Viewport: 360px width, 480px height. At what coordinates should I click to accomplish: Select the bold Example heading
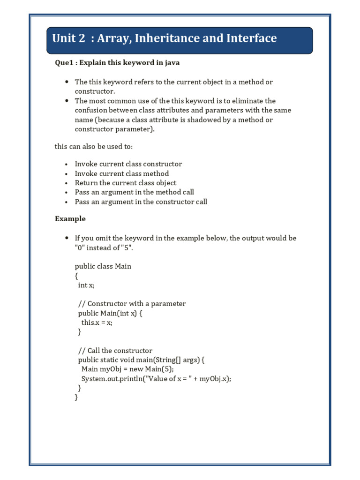pos(70,219)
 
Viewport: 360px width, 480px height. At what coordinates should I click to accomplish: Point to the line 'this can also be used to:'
pos(94,147)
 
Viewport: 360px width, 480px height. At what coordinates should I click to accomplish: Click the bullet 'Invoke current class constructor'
pos(128,164)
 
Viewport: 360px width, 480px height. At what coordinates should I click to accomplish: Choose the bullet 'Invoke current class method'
pos(122,173)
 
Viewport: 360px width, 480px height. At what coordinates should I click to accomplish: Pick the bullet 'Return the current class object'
pos(126,183)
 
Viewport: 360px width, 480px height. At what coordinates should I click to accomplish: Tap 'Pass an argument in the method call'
pos(135,192)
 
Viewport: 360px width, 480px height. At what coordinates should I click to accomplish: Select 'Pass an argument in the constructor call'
pos(141,202)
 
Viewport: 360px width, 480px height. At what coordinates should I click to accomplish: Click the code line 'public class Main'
pos(103,266)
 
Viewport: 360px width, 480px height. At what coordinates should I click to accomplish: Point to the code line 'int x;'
pos(86,285)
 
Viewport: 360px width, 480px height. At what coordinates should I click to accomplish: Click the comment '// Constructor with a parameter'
pos(132,304)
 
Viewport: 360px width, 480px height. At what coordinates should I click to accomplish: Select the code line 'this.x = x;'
pos(97,322)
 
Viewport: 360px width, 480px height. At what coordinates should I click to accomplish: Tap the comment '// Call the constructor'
pos(115,351)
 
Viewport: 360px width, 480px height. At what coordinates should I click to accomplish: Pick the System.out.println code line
pos(157,379)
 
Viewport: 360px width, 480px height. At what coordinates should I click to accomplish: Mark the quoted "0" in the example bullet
pos(80,247)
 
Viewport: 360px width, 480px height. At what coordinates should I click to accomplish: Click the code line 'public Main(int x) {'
pos(110,313)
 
